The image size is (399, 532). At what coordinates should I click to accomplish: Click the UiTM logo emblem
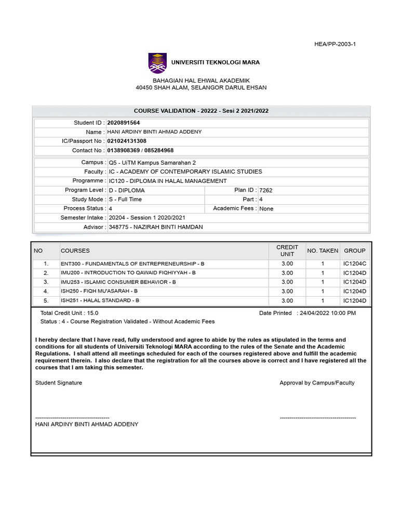tap(158, 63)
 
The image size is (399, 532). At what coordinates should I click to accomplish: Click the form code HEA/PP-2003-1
tap(336, 44)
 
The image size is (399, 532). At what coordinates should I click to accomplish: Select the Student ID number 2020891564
tap(124, 123)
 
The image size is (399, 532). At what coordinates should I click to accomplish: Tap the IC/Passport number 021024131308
tap(127, 141)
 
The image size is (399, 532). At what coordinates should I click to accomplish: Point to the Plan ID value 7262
tap(265, 190)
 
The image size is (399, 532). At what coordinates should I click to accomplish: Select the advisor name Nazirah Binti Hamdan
tap(156, 227)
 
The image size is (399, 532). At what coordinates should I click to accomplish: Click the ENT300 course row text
tap(132, 264)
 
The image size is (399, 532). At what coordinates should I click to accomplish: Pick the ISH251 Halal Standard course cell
tap(100, 301)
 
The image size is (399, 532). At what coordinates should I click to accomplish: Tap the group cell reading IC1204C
tap(355, 264)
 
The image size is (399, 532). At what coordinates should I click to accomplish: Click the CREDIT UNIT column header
tap(287, 250)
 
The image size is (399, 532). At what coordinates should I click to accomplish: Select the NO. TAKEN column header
tap(323, 251)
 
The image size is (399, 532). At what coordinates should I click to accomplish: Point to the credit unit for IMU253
tap(287, 282)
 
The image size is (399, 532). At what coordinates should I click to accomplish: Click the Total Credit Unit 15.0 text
tap(69, 313)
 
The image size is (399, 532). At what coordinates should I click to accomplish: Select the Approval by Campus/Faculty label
tap(317, 383)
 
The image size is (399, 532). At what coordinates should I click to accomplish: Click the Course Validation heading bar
tap(201, 111)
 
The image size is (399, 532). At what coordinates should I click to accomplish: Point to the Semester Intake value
tap(147, 218)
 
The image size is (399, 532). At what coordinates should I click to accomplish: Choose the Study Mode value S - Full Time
tap(125, 199)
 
